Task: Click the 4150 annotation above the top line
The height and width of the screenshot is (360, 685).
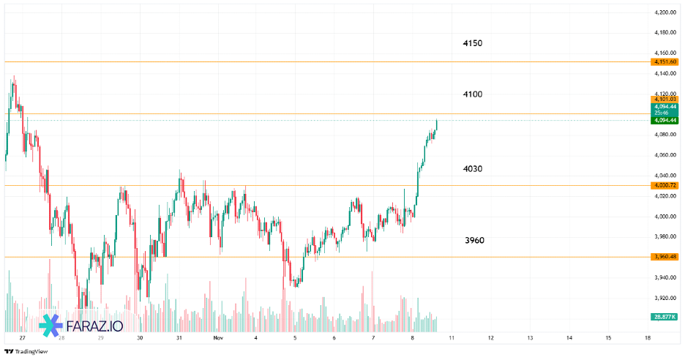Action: click(472, 43)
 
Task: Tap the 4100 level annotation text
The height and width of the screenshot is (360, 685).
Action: click(472, 94)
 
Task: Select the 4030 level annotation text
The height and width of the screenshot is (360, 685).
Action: click(472, 169)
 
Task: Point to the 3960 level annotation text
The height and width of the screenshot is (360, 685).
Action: click(474, 240)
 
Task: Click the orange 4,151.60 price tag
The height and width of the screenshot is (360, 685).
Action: click(664, 62)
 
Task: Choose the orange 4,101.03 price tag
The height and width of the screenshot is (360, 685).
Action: click(664, 99)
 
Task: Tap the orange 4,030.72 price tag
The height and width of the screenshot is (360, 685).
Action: click(664, 185)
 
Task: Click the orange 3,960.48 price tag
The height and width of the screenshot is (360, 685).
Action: click(664, 257)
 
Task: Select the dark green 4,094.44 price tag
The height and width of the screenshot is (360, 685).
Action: click(664, 120)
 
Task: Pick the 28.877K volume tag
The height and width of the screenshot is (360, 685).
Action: click(664, 316)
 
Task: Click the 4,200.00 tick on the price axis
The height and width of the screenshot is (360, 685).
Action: click(664, 12)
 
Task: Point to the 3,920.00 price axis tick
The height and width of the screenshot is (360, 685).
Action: click(664, 298)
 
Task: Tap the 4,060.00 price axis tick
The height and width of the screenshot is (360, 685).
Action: click(664, 155)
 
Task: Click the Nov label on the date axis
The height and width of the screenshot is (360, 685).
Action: click(217, 338)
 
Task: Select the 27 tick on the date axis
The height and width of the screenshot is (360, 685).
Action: click(23, 338)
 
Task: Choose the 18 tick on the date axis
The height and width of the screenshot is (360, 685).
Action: click(648, 338)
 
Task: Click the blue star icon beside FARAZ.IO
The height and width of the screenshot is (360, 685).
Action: click(51, 326)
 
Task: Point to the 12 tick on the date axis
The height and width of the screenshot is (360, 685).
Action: click(490, 338)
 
